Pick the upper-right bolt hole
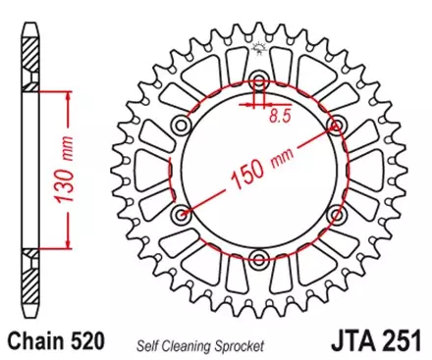[336, 125]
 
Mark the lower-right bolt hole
[336, 214]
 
